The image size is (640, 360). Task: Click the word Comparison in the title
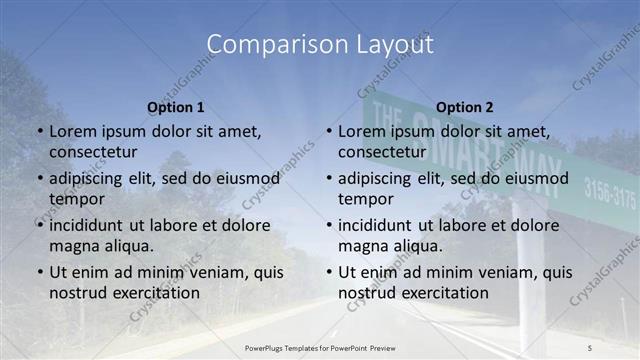click(264, 45)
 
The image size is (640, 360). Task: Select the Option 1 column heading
click(176, 107)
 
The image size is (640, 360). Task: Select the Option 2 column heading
click(465, 107)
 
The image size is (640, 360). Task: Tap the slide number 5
click(589, 346)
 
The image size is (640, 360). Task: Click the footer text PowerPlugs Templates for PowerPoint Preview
click(320, 346)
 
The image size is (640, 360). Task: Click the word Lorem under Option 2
click(361, 131)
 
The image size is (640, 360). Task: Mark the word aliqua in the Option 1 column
click(128, 245)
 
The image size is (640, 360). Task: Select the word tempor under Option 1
click(77, 198)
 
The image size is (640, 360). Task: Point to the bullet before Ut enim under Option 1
click(39, 272)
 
